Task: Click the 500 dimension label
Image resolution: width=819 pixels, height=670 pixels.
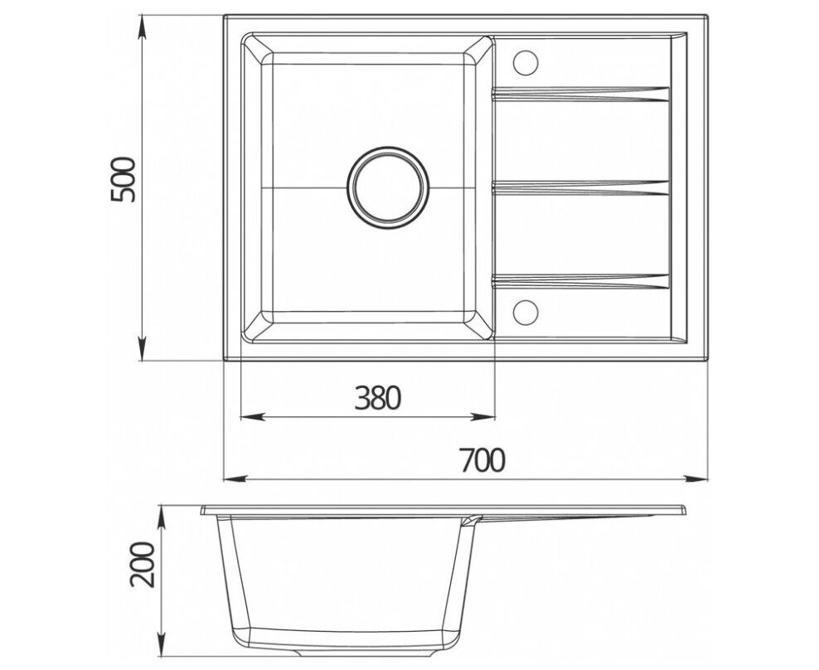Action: click(123, 180)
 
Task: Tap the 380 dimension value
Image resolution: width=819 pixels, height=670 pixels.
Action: click(377, 398)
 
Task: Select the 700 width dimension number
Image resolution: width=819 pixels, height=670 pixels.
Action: click(482, 460)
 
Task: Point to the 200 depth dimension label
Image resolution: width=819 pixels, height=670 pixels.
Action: click(143, 565)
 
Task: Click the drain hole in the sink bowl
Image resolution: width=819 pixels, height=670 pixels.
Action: click(388, 187)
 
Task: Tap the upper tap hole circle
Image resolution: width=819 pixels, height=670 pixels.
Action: click(526, 63)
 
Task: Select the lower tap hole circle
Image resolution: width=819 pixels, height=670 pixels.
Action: click(526, 312)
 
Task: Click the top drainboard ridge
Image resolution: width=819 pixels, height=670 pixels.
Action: click(581, 94)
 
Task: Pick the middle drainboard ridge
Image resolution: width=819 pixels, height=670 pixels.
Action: click(581, 187)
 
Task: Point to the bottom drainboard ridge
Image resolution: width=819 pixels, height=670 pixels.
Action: click(581, 281)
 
